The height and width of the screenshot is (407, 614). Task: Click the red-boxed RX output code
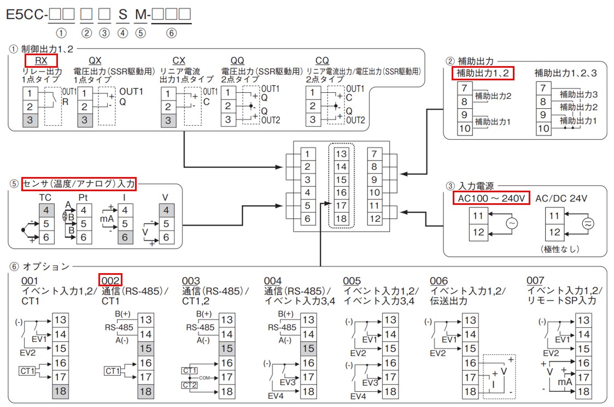(x=41, y=61)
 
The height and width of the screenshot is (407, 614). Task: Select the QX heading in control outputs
(x=95, y=61)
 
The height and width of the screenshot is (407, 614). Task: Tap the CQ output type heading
(x=322, y=61)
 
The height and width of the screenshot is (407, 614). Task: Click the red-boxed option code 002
(x=110, y=280)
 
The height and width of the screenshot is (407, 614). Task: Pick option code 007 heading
(x=535, y=280)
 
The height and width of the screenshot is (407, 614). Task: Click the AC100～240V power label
(x=491, y=198)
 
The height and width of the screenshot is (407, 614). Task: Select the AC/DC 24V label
(x=561, y=198)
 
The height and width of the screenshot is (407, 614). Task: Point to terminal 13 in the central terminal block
(x=341, y=154)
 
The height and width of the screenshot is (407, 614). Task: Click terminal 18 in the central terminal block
(x=341, y=219)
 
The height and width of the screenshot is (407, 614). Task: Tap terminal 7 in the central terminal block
(x=375, y=154)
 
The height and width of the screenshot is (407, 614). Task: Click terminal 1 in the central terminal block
(x=308, y=154)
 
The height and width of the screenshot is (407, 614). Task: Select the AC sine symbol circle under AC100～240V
(x=512, y=223)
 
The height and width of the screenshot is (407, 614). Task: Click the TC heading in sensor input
(x=45, y=198)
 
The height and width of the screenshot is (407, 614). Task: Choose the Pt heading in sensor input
(x=83, y=198)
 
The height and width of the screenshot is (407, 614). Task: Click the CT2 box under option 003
(x=190, y=385)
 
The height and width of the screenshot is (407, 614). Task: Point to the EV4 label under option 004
(x=275, y=396)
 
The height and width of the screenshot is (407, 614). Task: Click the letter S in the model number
(x=122, y=15)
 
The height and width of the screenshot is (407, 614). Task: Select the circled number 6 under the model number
(x=171, y=33)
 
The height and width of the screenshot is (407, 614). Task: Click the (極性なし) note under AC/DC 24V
(x=560, y=249)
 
